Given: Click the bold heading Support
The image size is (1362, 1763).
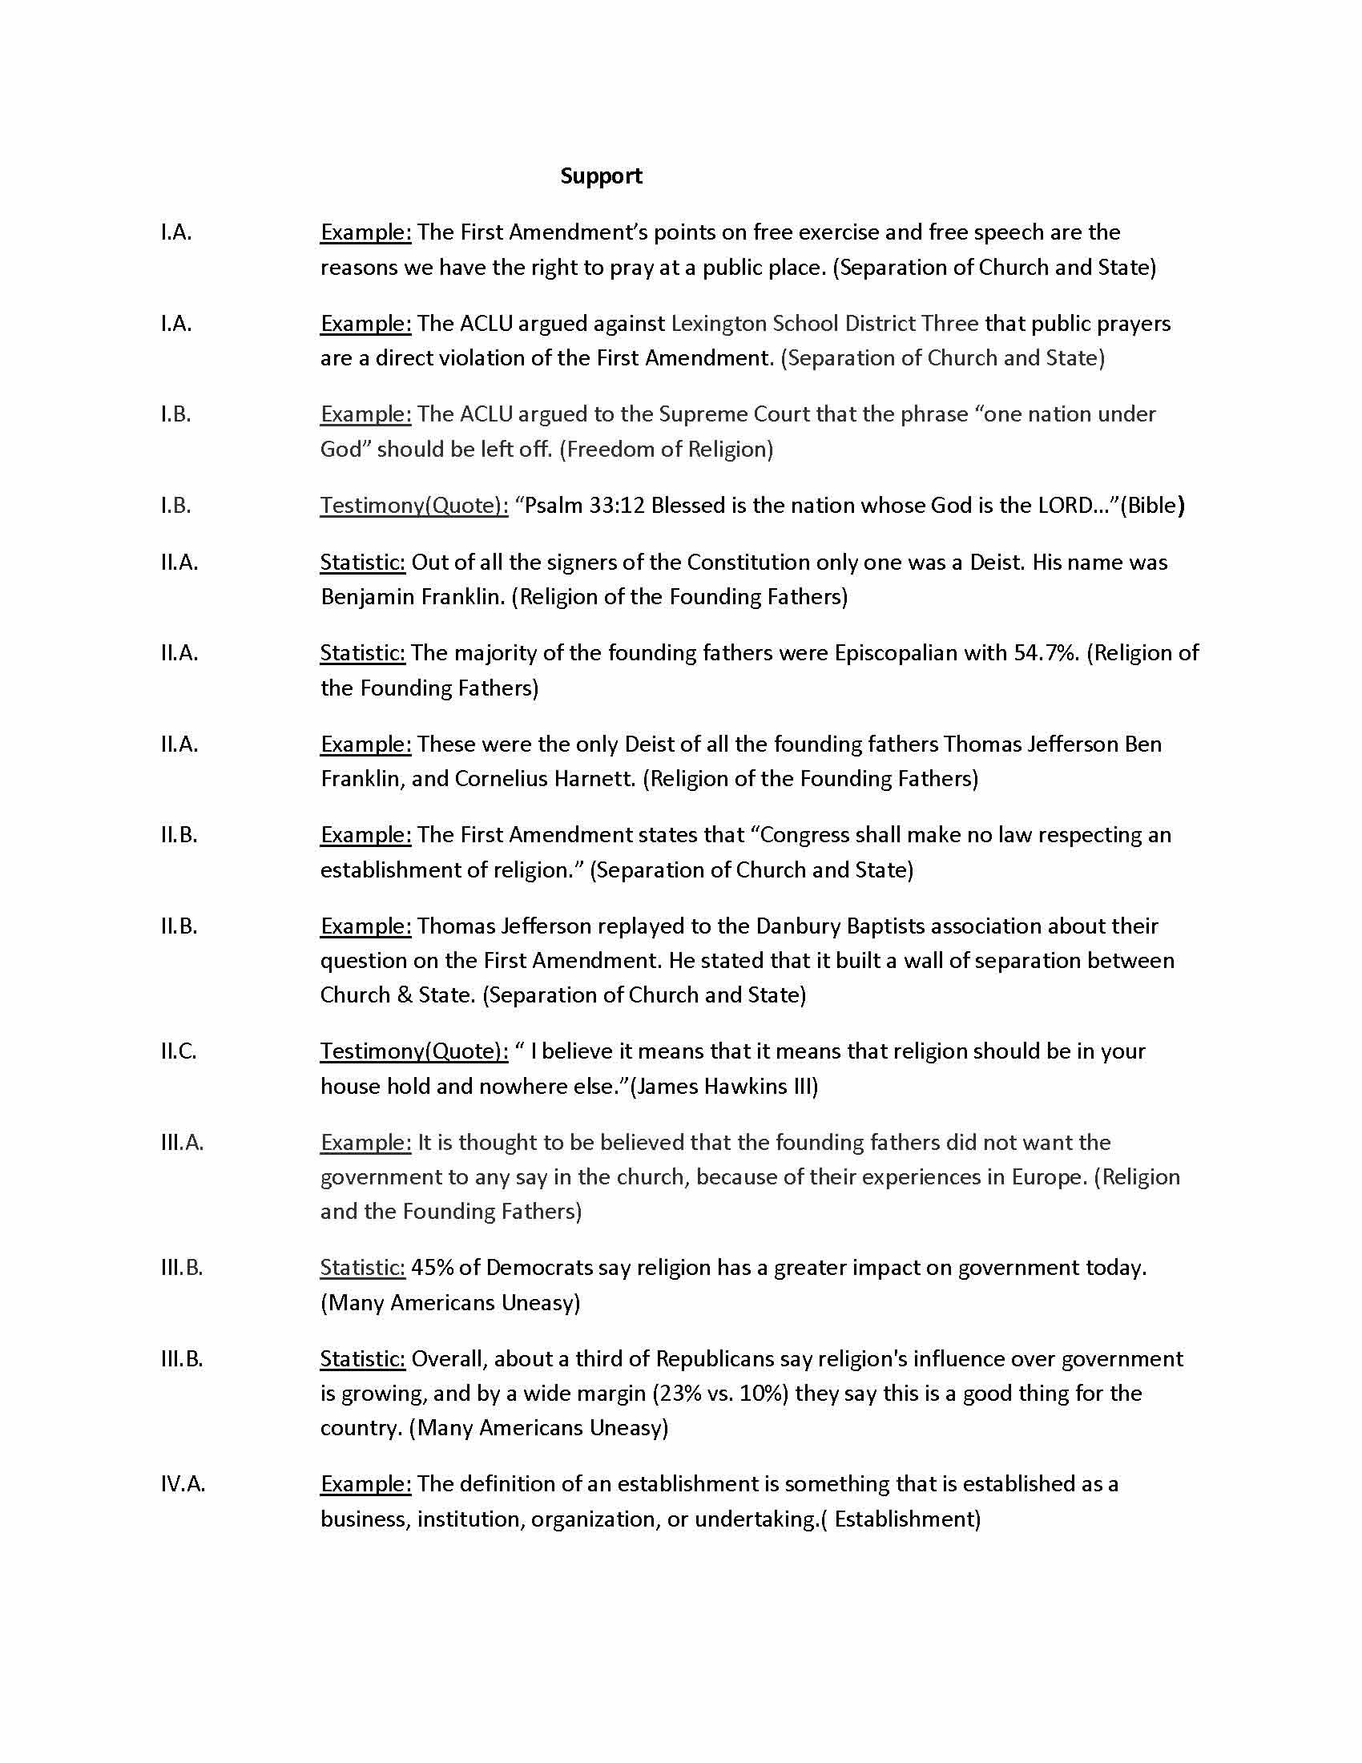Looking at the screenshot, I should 601,176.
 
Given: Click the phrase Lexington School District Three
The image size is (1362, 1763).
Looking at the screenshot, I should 824,324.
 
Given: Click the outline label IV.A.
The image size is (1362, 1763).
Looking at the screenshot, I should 183,1483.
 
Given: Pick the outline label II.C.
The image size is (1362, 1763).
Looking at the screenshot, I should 179,1051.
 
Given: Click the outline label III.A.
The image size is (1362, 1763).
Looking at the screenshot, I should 182,1142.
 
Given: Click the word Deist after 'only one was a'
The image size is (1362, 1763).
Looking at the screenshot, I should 997,562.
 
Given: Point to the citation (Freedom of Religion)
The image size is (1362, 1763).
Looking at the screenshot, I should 667,450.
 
